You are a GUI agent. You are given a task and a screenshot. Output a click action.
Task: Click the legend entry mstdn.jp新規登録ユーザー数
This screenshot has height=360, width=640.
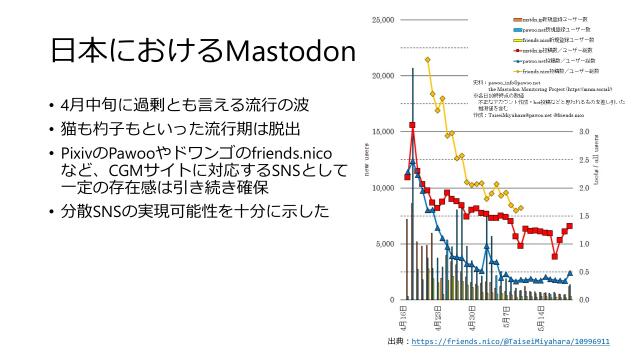(547, 20)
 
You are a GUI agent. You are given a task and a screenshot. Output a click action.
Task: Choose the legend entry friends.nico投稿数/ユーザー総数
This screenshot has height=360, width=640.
(549, 71)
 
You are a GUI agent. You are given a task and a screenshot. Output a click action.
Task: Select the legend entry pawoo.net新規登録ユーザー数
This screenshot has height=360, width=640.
(548, 30)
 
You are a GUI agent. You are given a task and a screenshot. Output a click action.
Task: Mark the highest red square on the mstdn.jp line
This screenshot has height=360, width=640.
(412, 125)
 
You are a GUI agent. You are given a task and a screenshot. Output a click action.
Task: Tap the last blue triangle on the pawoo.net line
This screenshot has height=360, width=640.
(570, 272)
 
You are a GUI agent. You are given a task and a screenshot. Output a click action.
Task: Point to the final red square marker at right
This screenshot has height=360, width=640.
(570, 226)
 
